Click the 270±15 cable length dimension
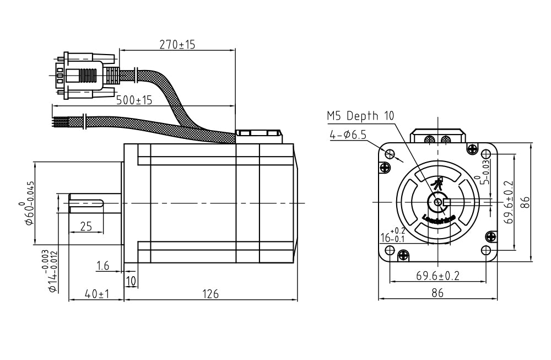pos(177,44)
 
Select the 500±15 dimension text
pos(134,100)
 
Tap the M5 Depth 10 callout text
pos(360,116)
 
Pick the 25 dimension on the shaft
pos(86,226)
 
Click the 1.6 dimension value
pos(102,266)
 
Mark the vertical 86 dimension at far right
pos(526,203)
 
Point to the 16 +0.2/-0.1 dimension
pos(393,236)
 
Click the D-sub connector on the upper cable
pos(83,75)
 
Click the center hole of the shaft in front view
pos(438,203)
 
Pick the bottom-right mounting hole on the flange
pos(485,251)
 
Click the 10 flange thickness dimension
pos(131,281)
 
